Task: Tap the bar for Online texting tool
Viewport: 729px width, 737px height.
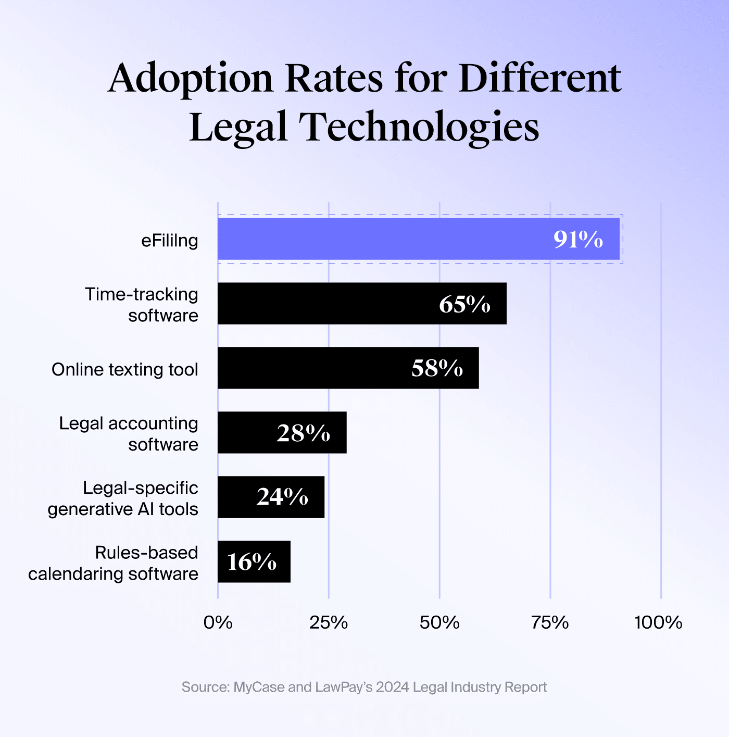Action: [x=312, y=368]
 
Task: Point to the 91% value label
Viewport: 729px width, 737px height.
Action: [x=578, y=240]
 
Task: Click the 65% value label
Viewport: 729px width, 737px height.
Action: [x=464, y=304]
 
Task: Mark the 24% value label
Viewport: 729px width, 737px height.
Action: [x=282, y=497]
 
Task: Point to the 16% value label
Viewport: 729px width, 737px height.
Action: [x=252, y=562]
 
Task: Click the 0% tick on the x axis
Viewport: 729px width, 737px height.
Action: [x=218, y=622]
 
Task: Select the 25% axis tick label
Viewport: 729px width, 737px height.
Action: [x=329, y=622]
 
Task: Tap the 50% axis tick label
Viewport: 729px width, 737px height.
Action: [x=439, y=622]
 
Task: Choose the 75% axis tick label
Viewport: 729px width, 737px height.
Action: [x=550, y=622]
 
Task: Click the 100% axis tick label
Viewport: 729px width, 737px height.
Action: [x=658, y=622]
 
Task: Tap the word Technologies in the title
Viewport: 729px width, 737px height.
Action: [x=419, y=128]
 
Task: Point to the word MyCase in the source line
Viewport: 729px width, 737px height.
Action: [x=259, y=687]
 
